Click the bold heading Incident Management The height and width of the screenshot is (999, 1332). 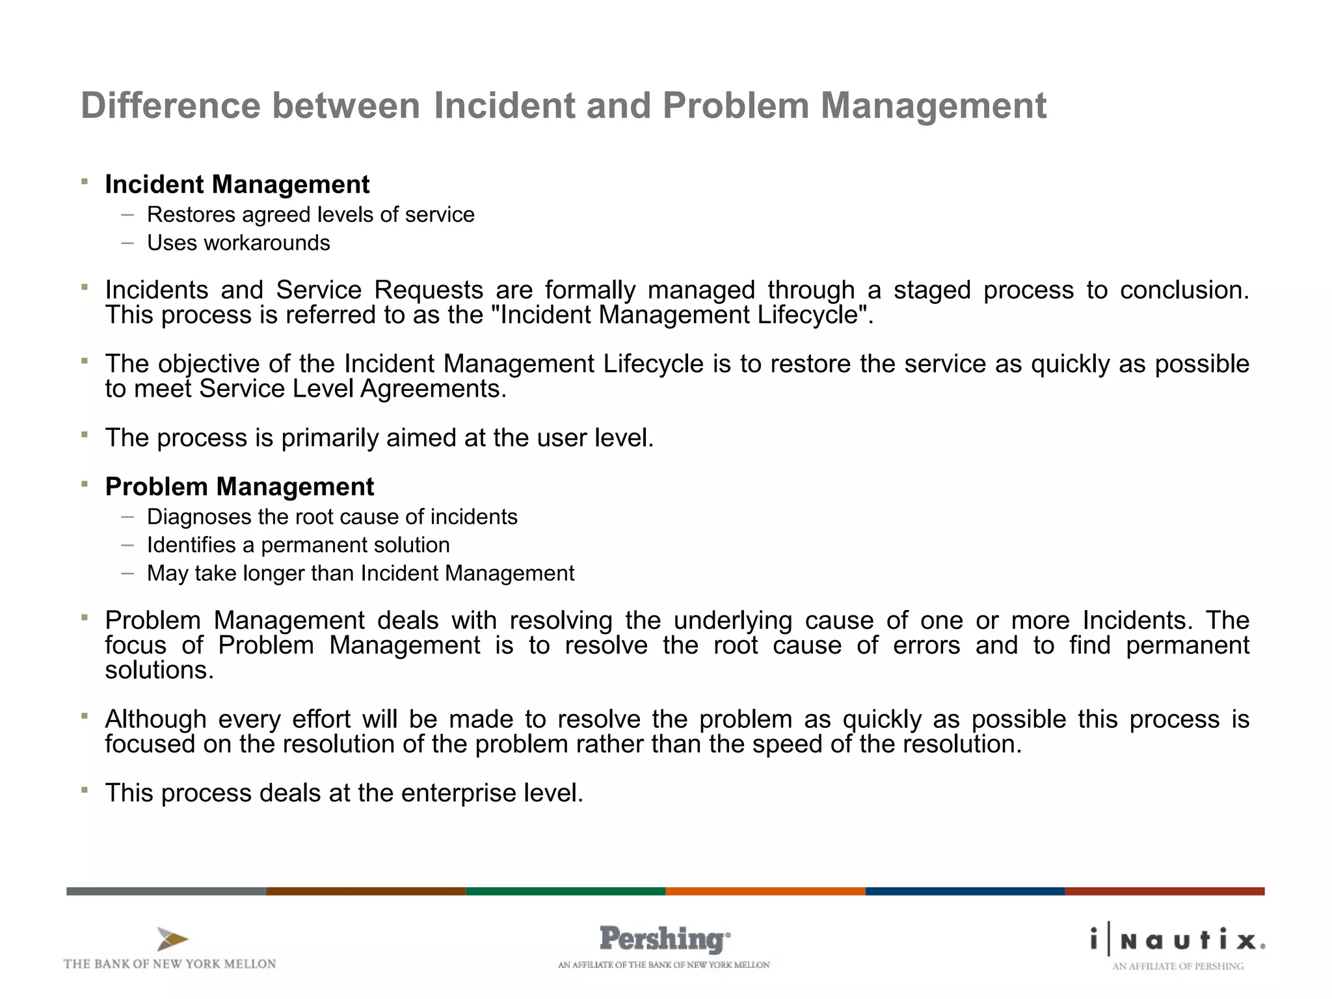pyautogui.click(x=237, y=185)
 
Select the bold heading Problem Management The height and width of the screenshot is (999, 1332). pyautogui.click(x=239, y=487)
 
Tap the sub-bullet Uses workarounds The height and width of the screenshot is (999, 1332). pyautogui.click(x=238, y=243)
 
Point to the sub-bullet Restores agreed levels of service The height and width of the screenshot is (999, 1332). pyautogui.click(x=310, y=215)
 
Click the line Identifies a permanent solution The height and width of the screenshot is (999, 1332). pyautogui.click(x=298, y=545)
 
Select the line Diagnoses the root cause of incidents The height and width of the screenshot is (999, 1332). pyautogui.click(x=332, y=517)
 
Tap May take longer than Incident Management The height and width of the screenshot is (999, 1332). pyautogui.click(x=360, y=574)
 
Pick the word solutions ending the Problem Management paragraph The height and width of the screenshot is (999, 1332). pyautogui.click(x=159, y=671)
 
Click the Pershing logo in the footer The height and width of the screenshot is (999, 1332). pyautogui.click(x=664, y=939)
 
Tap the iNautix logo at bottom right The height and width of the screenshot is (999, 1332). pyautogui.click(x=1177, y=940)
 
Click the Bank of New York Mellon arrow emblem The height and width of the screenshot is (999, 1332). pyautogui.click(x=172, y=939)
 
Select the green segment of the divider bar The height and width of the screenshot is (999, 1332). pyautogui.click(x=565, y=891)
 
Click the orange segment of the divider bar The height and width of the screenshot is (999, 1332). pyautogui.click(x=765, y=891)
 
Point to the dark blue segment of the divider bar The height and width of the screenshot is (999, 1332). pyautogui.click(x=965, y=891)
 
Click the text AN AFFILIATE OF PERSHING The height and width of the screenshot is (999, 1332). pyautogui.click(x=1177, y=966)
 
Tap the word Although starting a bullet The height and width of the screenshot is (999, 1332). pyautogui.click(x=155, y=720)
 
